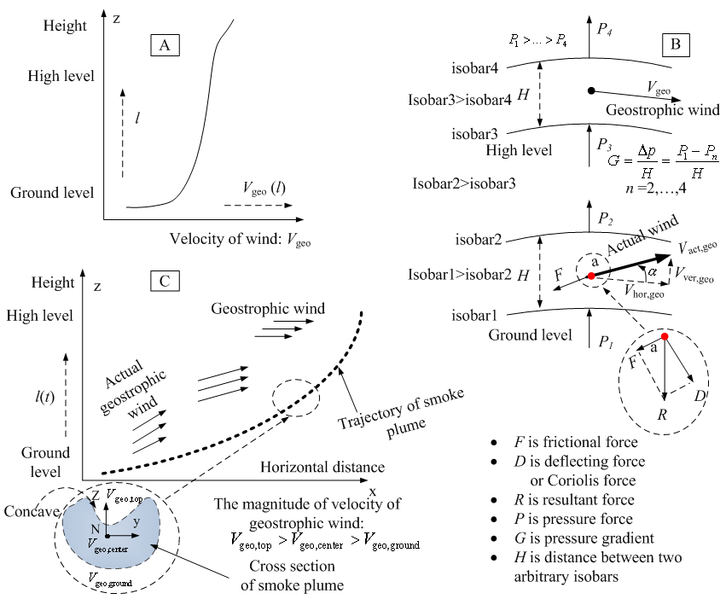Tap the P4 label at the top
pos(604,31)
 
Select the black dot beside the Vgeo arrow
pos(590,90)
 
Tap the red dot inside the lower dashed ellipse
pos(664,337)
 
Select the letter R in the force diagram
pos(663,414)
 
